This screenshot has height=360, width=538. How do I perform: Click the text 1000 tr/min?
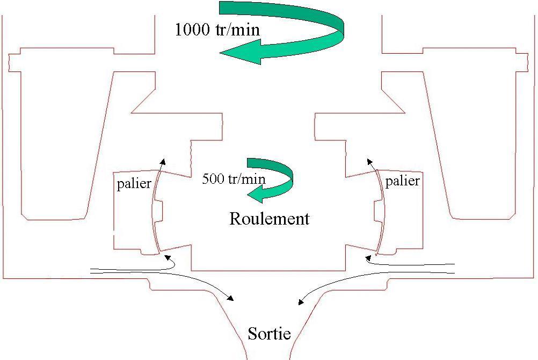click(217, 29)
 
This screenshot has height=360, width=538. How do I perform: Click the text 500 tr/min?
click(234, 178)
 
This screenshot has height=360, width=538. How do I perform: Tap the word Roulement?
click(269, 219)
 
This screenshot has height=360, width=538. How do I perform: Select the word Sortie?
click(269, 334)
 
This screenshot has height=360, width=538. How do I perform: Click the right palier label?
click(402, 181)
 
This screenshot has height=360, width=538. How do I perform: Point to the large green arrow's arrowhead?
click(236, 53)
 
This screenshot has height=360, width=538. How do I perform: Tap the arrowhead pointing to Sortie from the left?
click(231, 298)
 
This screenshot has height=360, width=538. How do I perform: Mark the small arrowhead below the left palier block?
click(168, 258)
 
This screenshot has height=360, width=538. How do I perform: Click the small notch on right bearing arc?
click(379, 212)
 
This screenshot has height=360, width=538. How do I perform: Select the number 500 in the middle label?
click(212, 178)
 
